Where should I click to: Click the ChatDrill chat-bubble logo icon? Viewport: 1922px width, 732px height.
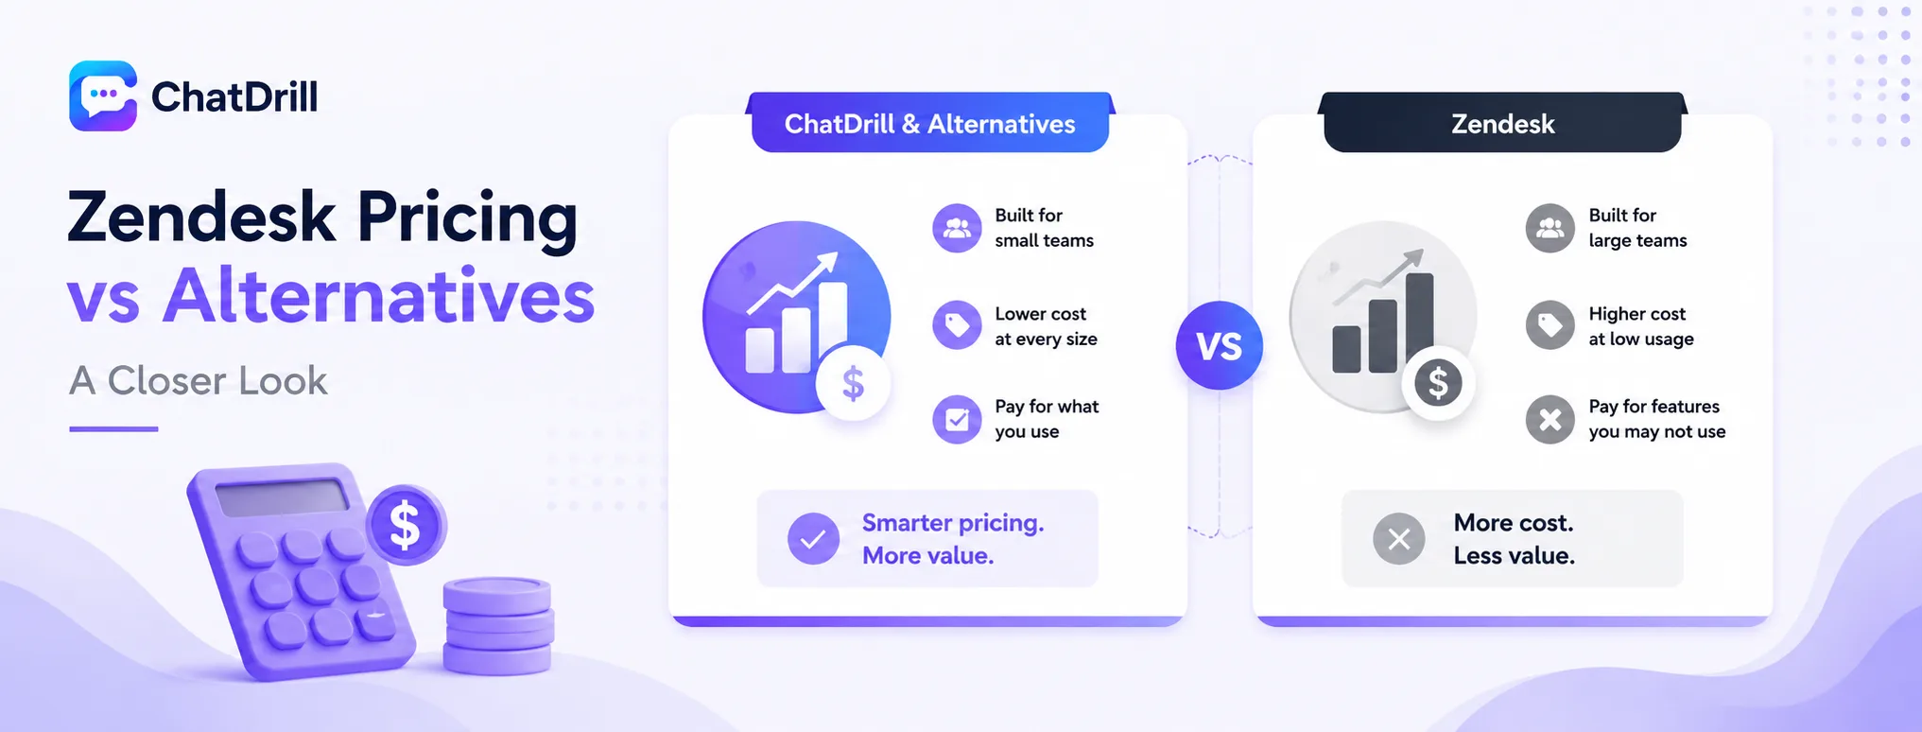[103, 96]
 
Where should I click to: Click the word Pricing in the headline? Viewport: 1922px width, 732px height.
[467, 219]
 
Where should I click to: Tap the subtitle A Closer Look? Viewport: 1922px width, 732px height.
[198, 380]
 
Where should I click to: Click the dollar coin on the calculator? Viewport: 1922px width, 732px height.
[406, 525]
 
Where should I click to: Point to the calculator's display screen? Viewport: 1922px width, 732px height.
[283, 497]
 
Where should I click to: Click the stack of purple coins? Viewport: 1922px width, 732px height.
[498, 626]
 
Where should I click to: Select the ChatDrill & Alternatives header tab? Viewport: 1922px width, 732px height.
[929, 123]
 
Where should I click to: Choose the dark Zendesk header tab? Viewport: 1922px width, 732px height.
[1502, 123]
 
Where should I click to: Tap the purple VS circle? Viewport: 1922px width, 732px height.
[1219, 345]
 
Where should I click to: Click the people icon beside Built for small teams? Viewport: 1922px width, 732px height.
[957, 228]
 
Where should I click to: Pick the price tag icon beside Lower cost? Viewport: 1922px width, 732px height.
[957, 325]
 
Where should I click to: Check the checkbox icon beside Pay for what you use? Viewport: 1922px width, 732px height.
[957, 419]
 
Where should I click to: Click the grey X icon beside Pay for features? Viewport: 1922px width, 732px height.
[1550, 419]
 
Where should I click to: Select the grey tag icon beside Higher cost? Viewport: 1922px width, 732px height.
[1550, 325]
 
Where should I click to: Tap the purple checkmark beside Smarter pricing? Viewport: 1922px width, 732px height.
[813, 539]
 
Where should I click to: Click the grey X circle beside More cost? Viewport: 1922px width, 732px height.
[1399, 539]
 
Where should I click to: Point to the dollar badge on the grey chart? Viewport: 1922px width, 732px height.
[1438, 383]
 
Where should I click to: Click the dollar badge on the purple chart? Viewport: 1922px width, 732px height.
[853, 383]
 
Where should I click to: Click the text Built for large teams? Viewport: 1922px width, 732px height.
[1637, 228]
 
